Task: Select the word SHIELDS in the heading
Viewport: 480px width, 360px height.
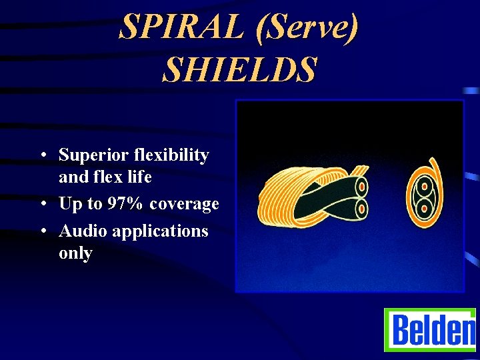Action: (239, 70)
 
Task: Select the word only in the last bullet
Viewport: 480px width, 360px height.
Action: (75, 253)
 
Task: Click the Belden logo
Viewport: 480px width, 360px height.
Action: (430, 330)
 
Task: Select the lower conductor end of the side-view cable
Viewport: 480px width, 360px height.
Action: (361, 209)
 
